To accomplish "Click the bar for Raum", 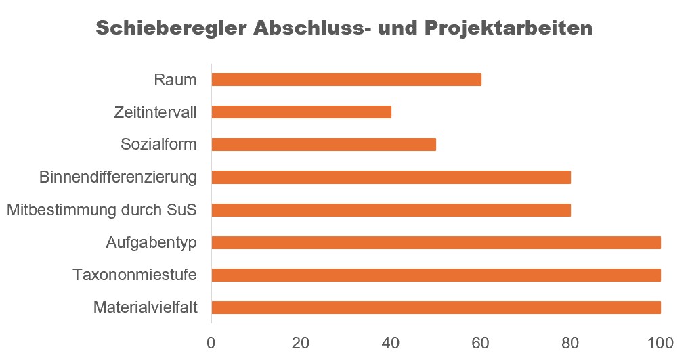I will (x=346, y=80).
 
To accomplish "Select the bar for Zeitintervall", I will (x=301, y=112).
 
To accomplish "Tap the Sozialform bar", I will (x=324, y=145).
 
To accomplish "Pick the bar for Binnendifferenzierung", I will (x=391, y=177).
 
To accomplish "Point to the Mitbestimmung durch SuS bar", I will (x=391, y=210).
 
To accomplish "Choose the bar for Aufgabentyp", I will (x=435, y=242).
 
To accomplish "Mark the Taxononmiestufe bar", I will (x=435, y=275).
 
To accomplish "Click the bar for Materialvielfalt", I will (x=435, y=307).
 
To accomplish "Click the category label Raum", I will (x=175, y=80).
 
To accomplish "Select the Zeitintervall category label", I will (x=155, y=112).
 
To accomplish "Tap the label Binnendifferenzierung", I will (x=118, y=177).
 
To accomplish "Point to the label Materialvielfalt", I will (x=145, y=308).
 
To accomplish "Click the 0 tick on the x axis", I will (x=211, y=342).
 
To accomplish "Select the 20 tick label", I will (x=301, y=342).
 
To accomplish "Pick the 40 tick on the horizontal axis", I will (x=391, y=342).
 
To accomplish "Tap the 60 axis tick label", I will (x=481, y=342).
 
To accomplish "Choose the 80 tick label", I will (x=570, y=342).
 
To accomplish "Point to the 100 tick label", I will (x=660, y=342).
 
